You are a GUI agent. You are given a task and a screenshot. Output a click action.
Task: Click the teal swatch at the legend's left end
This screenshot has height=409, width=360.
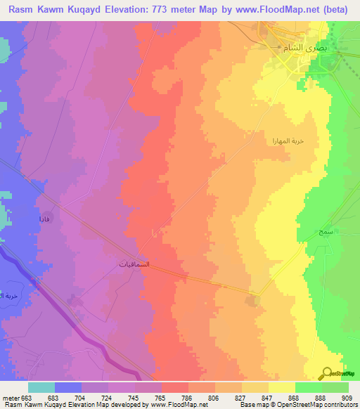click(41, 387)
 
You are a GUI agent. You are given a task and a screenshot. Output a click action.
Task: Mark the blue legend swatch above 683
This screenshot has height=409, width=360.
click(68, 387)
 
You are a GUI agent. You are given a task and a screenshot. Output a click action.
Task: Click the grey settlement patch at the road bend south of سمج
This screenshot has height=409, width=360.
click(252, 301)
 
